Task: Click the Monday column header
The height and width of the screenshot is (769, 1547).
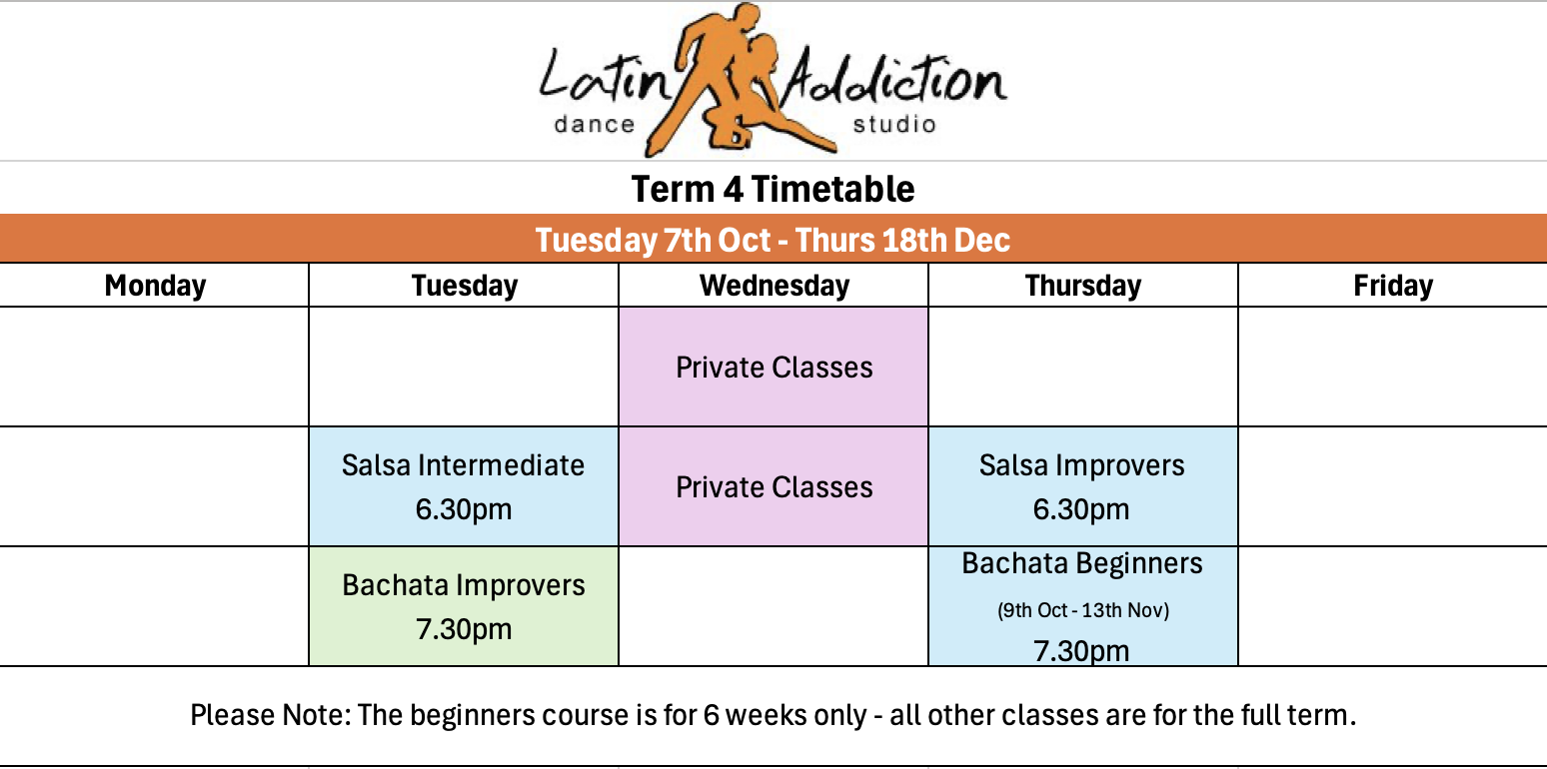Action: (155, 285)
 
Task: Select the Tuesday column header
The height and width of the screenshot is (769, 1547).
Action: (464, 285)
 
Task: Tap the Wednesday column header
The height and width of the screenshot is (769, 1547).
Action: (774, 285)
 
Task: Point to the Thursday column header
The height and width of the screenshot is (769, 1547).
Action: (1083, 285)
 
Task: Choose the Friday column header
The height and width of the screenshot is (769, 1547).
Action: (1393, 285)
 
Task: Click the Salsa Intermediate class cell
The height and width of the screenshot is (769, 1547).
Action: (464, 486)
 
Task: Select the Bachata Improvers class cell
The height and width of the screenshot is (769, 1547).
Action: (464, 606)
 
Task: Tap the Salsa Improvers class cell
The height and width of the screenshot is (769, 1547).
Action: (1083, 486)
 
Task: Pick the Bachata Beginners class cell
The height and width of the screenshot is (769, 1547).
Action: (1083, 606)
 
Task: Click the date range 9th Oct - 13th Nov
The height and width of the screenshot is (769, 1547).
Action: (1083, 610)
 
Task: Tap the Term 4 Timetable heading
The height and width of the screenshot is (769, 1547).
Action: (773, 189)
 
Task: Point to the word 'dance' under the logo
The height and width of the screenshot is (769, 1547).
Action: (594, 124)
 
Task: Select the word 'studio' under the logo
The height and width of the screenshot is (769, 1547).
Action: (894, 124)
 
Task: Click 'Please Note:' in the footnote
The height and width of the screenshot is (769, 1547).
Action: (270, 715)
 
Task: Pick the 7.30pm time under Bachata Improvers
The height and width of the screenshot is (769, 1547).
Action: (464, 629)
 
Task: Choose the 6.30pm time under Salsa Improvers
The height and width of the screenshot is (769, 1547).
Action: (1081, 509)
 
